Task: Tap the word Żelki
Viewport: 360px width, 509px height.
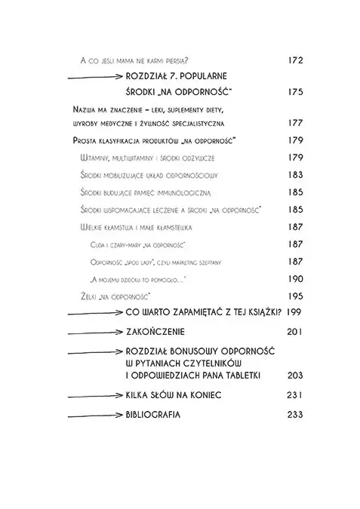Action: point(91,296)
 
